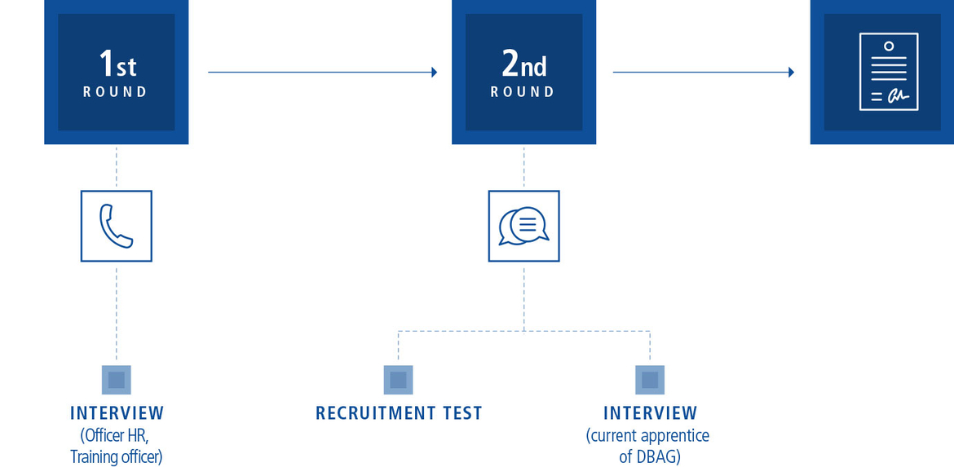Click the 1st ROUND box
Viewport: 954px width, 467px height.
116,72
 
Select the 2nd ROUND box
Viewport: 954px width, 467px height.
523,72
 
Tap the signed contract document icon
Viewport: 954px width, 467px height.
888,72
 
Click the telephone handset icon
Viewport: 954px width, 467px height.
116,226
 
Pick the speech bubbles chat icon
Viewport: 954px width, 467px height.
523,226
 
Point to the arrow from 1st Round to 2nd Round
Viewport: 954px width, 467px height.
322,73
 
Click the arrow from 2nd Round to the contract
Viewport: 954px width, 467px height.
703,73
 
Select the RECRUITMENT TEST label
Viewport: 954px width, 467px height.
399,413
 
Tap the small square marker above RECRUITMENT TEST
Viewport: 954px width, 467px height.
398,380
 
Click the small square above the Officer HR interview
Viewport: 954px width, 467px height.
116,380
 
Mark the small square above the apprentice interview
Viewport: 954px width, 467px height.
650,380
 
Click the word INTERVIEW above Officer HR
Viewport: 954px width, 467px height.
117,413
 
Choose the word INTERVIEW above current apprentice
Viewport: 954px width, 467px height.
650,413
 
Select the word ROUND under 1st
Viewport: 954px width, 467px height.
115,92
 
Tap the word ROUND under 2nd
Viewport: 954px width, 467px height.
523,92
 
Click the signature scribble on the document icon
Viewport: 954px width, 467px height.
897,96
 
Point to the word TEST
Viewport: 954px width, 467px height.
460,413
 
